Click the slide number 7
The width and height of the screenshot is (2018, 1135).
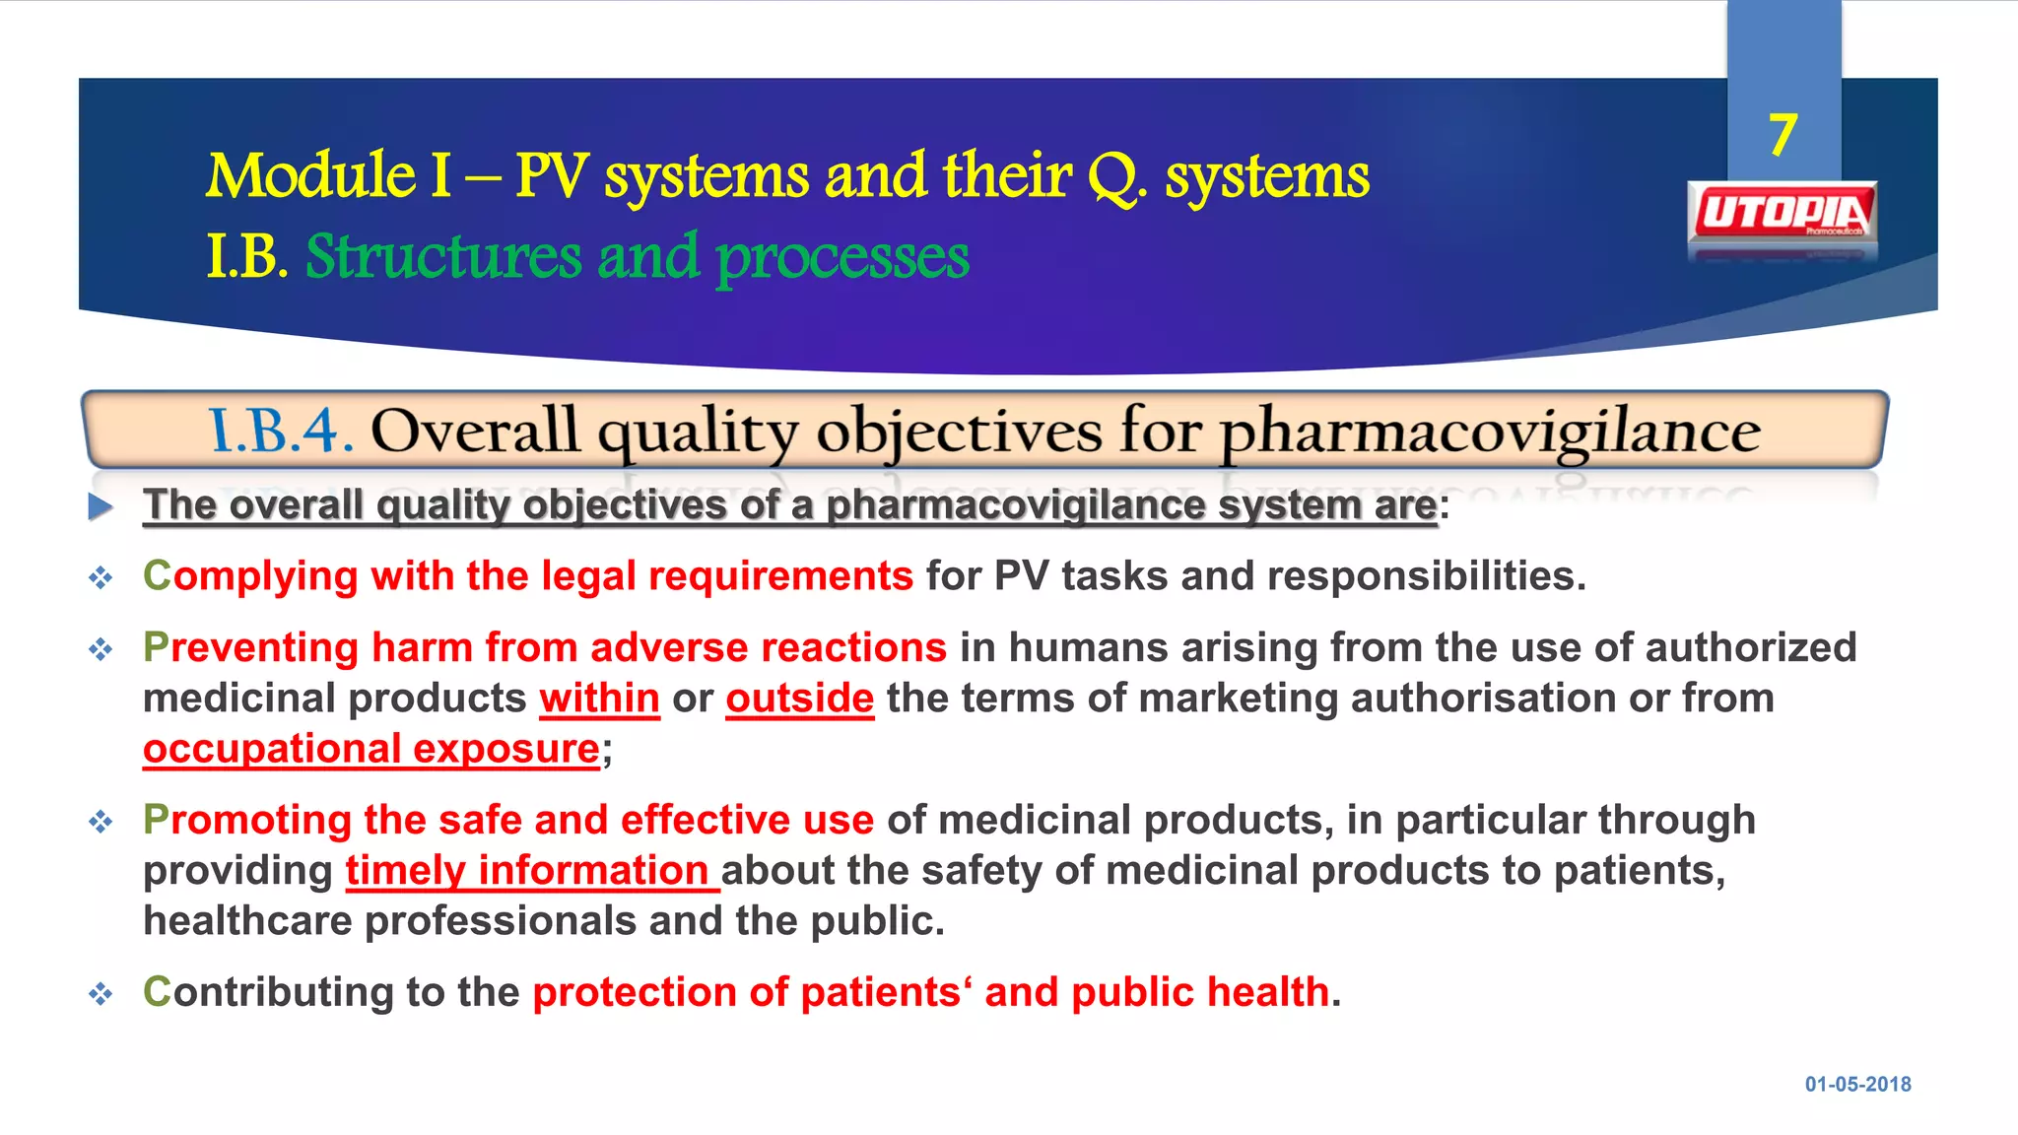click(1783, 135)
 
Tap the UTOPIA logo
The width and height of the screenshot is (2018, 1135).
click(1783, 213)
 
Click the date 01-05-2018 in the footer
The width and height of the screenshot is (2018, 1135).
click(1857, 1084)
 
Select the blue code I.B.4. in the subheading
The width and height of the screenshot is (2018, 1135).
click(281, 432)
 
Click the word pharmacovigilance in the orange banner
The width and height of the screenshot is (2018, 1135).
click(1489, 432)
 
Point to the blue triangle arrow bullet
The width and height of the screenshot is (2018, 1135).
click(100, 506)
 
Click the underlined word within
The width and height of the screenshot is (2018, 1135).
click(599, 699)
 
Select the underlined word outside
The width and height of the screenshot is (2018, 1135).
click(799, 699)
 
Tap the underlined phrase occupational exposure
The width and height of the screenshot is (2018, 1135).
click(371, 749)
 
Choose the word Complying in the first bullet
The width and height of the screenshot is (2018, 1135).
click(250, 576)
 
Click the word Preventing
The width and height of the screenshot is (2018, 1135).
click(250, 648)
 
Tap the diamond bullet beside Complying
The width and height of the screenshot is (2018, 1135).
click(101, 577)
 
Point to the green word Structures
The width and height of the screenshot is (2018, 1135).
click(443, 257)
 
